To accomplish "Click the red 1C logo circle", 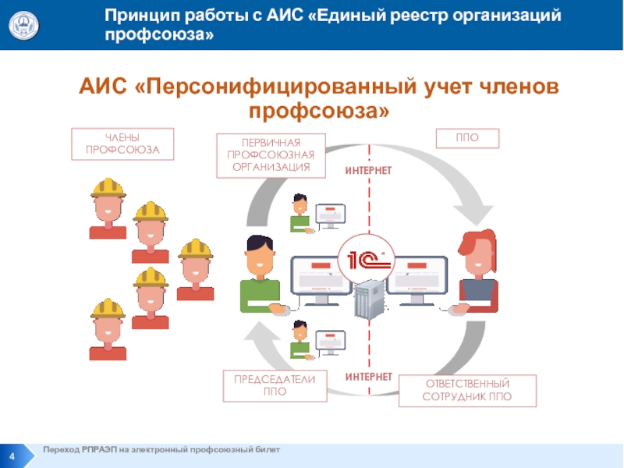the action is [x=363, y=260].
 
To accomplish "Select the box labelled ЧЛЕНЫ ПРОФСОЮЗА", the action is [x=122, y=144].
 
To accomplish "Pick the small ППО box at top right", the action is [x=466, y=138].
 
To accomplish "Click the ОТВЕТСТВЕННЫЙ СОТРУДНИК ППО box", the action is [x=468, y=391].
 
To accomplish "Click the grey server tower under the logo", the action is [x=368, y=301].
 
